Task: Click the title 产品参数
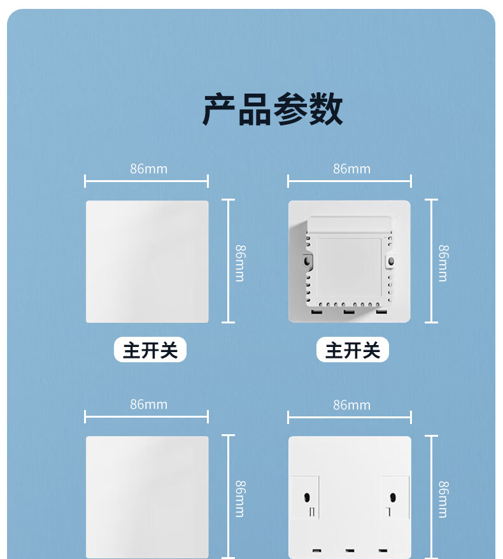pos(273,110)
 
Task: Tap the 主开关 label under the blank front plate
pos(150,350)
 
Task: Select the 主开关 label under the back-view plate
pos(353,350)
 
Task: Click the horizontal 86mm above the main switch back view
pos(351,169)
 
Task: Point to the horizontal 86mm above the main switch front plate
pos(148,169)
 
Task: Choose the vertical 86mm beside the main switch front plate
pos(240,263)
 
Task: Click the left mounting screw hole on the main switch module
pos(309,260)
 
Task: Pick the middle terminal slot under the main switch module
pos(349,311)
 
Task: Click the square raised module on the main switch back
pos(349,264)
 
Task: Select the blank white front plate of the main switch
pos(147,262)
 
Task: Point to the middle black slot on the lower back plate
pos(349,549)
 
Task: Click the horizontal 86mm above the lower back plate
pos(351,405)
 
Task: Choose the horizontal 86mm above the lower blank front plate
pos(148,404)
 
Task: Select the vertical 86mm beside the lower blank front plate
pos(240,499)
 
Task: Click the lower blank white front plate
pos(147,497)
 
